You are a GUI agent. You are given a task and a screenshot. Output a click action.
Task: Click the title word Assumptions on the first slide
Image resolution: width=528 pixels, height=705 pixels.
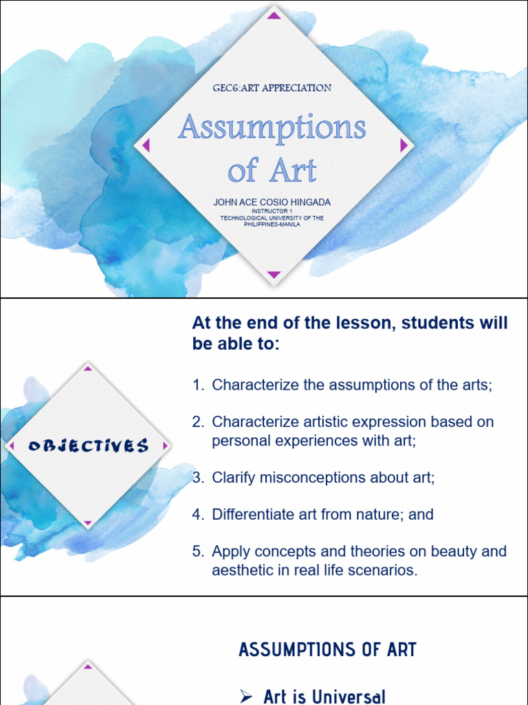point(272,129)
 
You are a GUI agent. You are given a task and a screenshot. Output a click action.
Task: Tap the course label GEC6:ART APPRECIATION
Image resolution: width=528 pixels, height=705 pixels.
point(272,88)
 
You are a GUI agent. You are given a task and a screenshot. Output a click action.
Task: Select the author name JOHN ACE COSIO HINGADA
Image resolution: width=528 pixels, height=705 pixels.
point(272,202)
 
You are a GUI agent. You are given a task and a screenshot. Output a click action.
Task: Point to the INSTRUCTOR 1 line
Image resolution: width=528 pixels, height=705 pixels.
point(272,211)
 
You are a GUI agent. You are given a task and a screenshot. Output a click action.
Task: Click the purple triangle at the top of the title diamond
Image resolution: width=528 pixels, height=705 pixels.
point(274,15)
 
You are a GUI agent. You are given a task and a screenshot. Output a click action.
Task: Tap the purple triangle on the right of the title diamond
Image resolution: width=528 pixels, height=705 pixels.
point(404,145)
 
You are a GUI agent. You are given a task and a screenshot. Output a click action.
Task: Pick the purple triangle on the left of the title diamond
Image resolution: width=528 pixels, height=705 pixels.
point(145,145)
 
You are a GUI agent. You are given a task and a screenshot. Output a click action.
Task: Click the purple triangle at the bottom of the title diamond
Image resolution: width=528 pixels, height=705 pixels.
point(274,275)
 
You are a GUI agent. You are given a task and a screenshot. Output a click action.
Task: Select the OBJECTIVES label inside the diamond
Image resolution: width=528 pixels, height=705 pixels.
point(88,446)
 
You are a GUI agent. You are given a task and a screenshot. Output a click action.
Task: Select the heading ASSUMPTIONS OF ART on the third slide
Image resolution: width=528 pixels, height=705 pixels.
point(327,649)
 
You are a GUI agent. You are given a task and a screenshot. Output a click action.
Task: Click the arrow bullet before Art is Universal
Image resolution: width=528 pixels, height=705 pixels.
point(246,697)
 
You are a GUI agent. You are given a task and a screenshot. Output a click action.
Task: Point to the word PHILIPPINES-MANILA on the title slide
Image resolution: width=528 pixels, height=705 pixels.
point(272,224)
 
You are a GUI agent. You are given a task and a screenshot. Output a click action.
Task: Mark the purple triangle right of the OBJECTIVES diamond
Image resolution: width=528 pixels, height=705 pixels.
point(165,446)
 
